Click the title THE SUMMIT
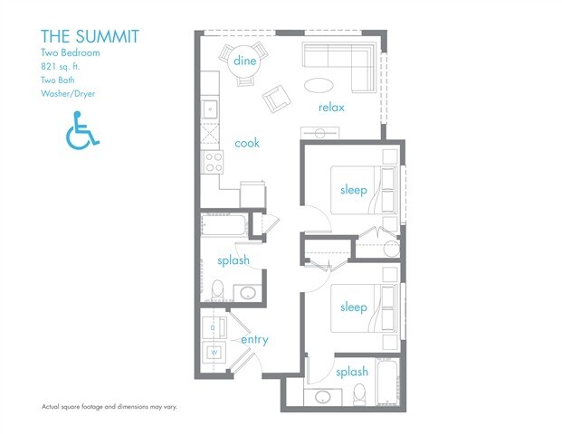[x=90, y=36]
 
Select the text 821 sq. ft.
[x=60, y=67]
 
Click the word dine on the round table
[x=244, y=61]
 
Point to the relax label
[x=331, y=107]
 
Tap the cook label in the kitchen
[x=247, y=143]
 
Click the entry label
[x=254, y=340]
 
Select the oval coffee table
[x=319, y=85]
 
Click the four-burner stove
[x=214, y=162]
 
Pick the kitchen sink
[x=210, y=108]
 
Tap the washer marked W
[x=214, y=353]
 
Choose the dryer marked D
[x=214, y=327]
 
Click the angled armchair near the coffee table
[x=276, y=99]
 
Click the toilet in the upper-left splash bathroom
[x=217, y=290]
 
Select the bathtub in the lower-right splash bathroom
[x=387, y=382]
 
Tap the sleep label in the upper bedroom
[x=354, y=190]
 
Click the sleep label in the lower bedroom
[x=354, y=307]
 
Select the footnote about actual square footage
[x=110, y=407]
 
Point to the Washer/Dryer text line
[x=68, y=94]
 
